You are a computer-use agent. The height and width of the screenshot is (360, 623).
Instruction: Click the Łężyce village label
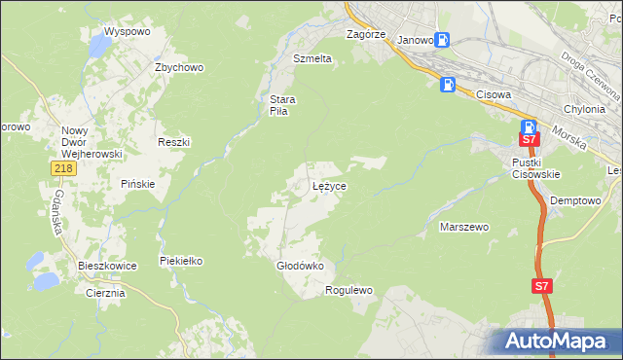click(330, 185)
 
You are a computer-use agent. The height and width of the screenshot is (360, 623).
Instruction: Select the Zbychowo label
click(178, 67)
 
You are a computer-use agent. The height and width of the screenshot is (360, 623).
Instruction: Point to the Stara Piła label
click(282, 105)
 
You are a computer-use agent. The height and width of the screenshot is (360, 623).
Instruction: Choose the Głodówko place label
click(293, 265)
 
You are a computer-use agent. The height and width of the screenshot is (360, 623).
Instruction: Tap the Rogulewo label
click(349, 290)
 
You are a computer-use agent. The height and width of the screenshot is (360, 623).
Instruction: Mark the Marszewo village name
click(464, 227)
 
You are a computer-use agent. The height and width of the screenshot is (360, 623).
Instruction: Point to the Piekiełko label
click(180, 261)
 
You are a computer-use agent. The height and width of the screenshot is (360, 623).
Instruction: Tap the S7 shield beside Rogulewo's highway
click(542, 286)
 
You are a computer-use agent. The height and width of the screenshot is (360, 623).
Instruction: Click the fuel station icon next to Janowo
click(443, 40)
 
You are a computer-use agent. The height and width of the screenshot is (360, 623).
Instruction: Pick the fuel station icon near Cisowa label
click(447, 84)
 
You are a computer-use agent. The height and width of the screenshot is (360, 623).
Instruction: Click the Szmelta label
click(312, 58)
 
